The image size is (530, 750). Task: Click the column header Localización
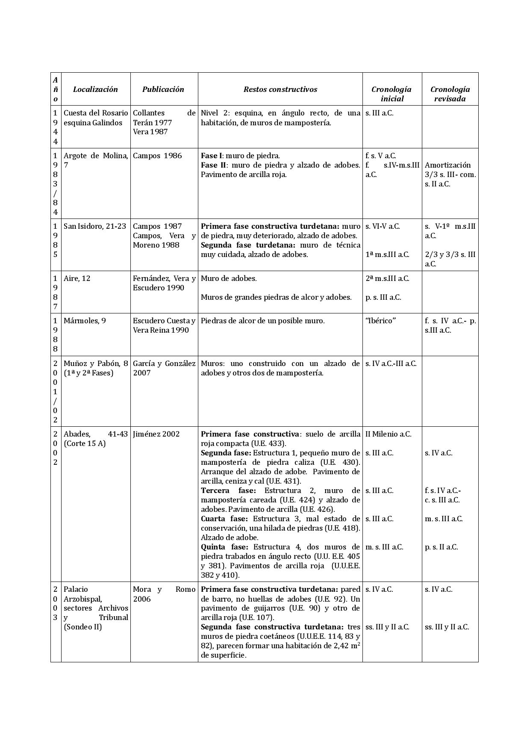tap(95, 89)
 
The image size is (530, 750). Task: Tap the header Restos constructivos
tap(280, 89)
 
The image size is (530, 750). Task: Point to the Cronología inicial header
tap(392, 94)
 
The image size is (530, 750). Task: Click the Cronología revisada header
tap(450, 94)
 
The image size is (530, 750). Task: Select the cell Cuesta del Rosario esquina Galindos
tap(96, 118)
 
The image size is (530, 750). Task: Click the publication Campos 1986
tap(157, 156)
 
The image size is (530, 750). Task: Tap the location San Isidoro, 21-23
tap(94, 226)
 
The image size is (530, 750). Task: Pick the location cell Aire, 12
tap(77, 278)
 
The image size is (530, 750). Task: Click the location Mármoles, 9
tap(85, 321)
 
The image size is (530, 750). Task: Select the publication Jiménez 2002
tap(156, 434)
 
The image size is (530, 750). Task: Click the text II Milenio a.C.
tap(388, 434)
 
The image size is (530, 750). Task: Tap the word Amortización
tap(448, 165)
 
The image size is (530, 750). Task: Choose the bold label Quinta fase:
tap(224, 547)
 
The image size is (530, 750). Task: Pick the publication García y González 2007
tap(164, 368)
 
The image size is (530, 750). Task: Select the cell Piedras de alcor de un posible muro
tap(262, 321)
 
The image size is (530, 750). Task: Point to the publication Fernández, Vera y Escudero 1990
tap(164, 283)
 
